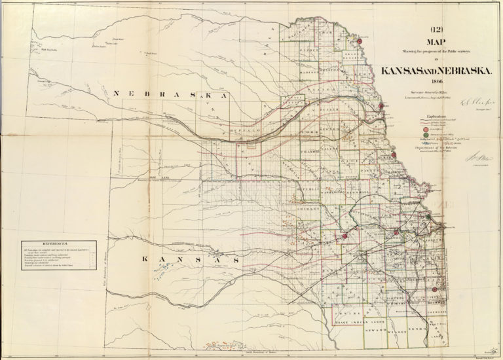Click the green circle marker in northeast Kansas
(428, 217)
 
